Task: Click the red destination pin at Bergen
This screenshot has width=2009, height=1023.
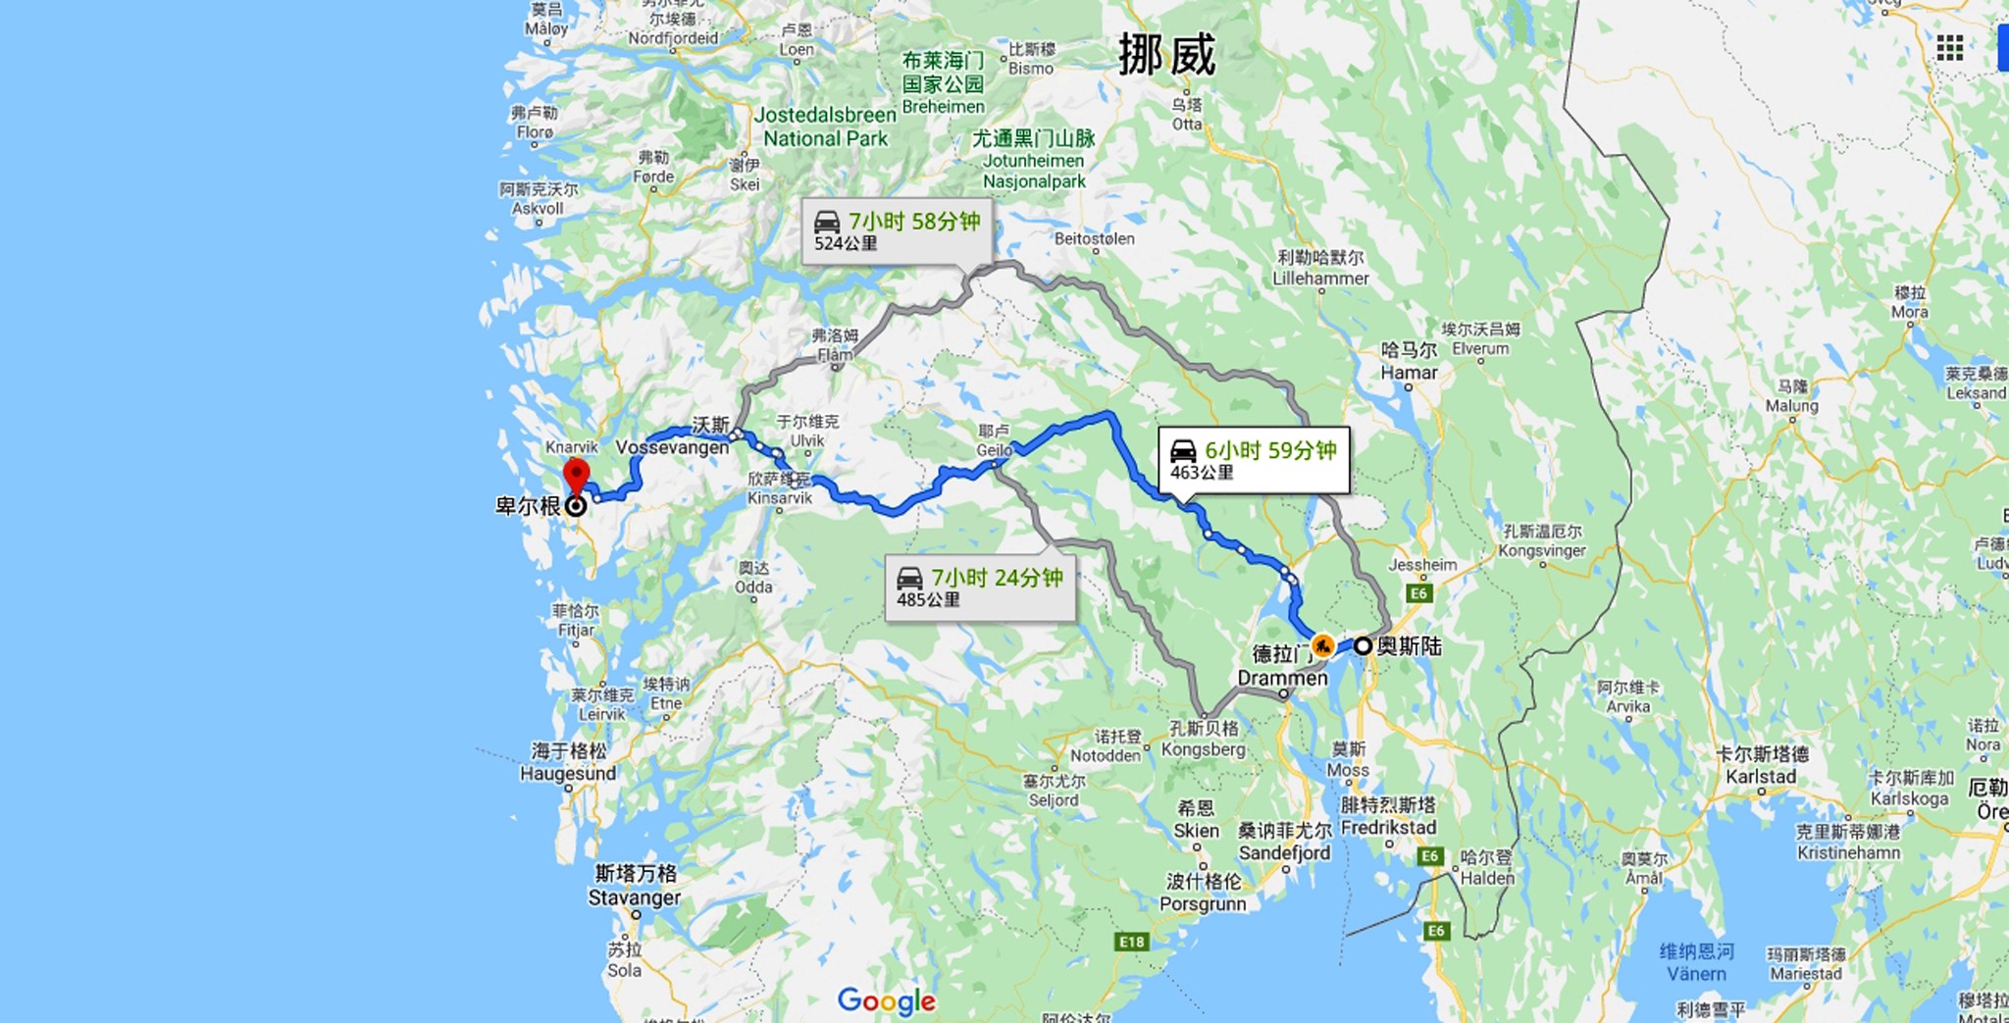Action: [x=576, y=474]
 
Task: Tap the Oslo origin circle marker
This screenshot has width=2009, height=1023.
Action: [x=1363, y=646]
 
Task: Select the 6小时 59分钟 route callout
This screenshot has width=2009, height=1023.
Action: [x=1253, y=460]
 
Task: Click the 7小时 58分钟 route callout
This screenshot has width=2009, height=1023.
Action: [x=897, y=231]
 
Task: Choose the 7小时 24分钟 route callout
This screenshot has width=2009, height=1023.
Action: [x=979, y=588]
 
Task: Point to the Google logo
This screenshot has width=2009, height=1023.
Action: [x=886, y=1000]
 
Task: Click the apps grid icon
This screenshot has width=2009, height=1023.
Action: [x=1949, y=47]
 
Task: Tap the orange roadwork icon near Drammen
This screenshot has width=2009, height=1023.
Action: [x=1322, y=645]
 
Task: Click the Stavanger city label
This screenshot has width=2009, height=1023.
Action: [x=635, y=886]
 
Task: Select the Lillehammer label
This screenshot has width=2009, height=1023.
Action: [x=1320, y=268]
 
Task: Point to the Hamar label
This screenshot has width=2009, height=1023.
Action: [x=1409, y=361]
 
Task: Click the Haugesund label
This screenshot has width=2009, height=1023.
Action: [x=569, y=762]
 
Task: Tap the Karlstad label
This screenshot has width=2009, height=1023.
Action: [x=1762, y=765]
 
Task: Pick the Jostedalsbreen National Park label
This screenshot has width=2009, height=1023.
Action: [x=825, y=128]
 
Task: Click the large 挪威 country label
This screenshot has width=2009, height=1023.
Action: [x=1166, y=54]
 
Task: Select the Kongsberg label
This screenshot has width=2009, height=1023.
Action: [x=1204, y=739]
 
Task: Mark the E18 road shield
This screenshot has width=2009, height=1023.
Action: [x=1131, y=942]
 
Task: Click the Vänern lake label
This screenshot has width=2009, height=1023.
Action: [x=1696, y=963]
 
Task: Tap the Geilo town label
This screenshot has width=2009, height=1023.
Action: [x=994, y=440]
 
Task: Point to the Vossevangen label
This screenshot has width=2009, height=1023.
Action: [x=672, y=447]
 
